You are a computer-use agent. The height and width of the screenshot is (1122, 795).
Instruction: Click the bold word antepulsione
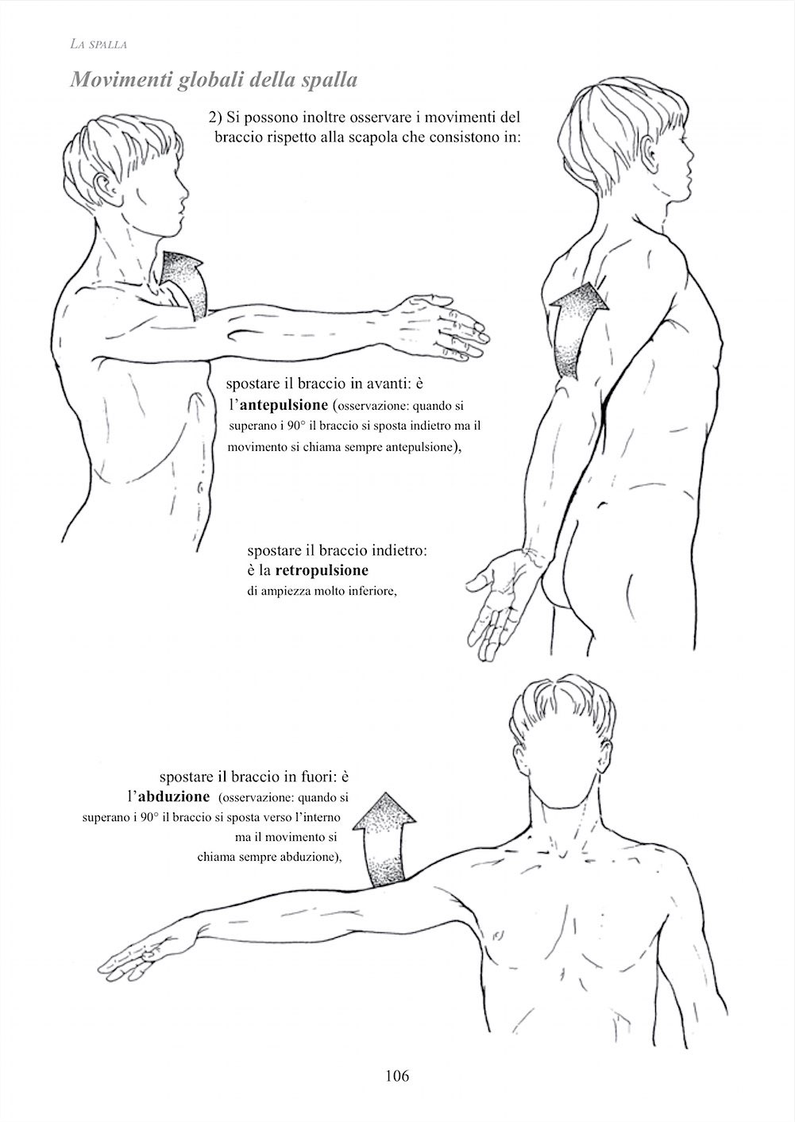(284, 405)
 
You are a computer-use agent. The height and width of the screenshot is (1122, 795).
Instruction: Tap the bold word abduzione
(174, 796)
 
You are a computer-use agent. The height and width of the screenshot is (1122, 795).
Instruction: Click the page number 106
(398, 1075)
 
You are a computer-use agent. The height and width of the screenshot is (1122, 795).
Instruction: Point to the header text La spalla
(98, 44)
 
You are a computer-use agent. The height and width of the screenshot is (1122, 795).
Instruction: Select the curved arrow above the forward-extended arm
(185, 283)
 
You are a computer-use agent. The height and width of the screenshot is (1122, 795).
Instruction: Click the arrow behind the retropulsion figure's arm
(576, 328)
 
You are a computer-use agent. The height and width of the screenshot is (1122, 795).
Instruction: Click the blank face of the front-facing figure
(564, 771)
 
